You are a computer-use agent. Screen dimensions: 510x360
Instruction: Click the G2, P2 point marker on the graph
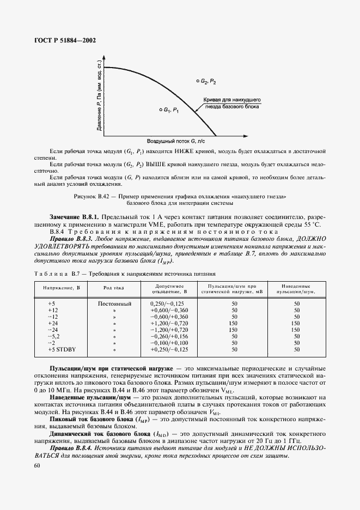[x=198, y=81]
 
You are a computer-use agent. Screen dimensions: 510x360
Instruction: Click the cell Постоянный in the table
[x=115, y=302]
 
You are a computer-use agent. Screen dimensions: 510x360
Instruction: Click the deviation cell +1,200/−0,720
[x=169, y=323]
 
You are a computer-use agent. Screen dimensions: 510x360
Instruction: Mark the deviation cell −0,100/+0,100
[x=169, y=342]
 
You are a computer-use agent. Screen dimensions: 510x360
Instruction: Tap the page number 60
[x=37, y=465]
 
